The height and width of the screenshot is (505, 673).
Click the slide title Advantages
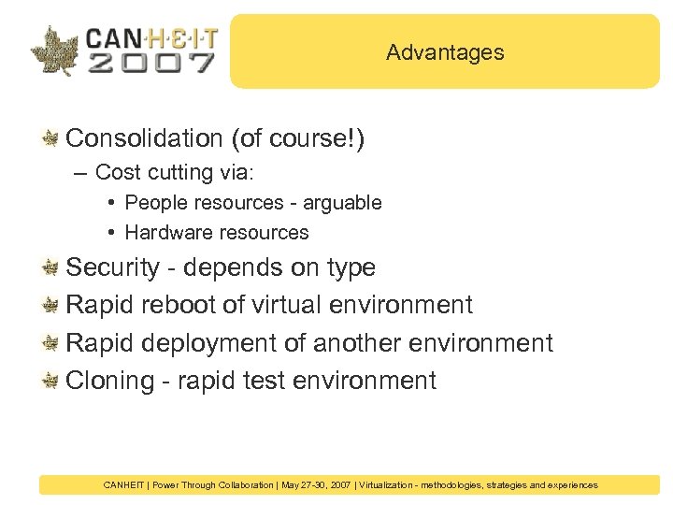tap(445, 52)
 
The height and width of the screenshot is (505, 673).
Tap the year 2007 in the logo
tap(150, 63)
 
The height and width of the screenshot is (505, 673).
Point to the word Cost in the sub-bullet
tap(115, 172)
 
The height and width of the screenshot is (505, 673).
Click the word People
tap(155, 203)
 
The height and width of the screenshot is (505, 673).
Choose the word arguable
tap(342, 203)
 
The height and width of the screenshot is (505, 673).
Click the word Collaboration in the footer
tap(246, 485)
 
